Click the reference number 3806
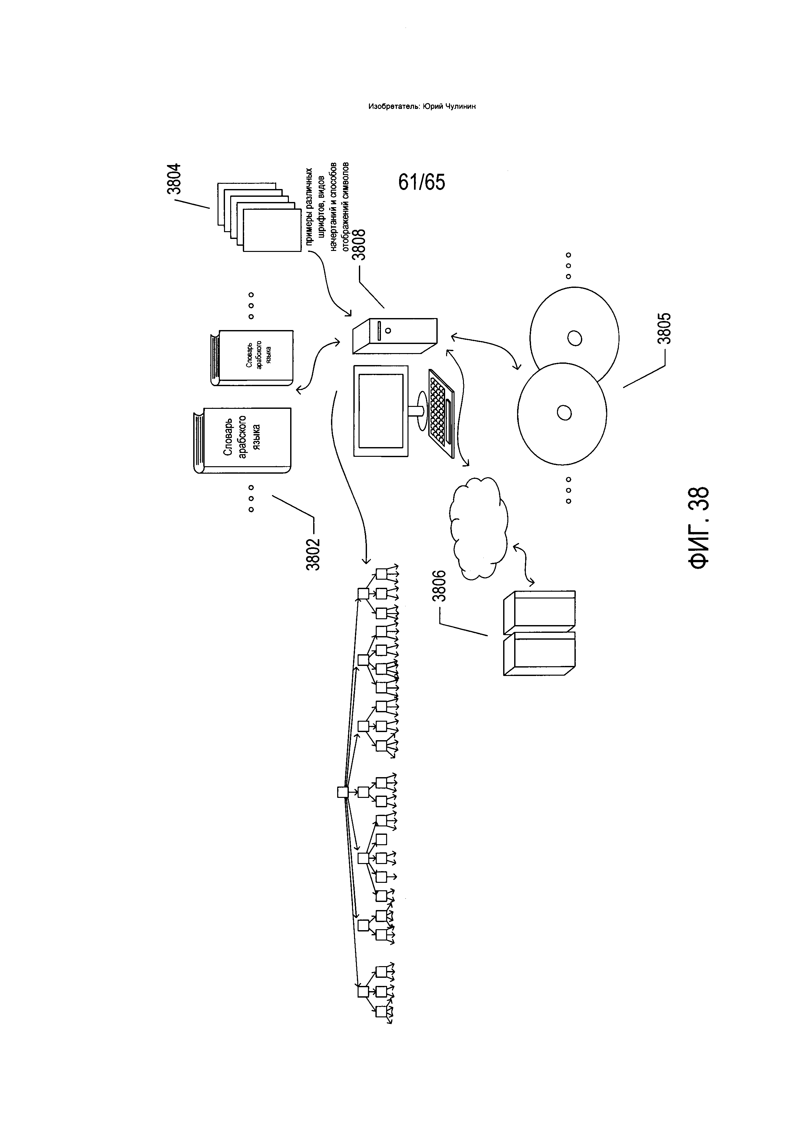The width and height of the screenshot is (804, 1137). pyautogui.click(x=440, y=586)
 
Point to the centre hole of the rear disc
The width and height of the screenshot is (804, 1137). pyautogui.click(x=575, y=339)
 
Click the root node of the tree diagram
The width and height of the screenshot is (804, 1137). pyautogui.click(x=342, y=792)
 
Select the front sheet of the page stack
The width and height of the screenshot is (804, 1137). pyautogui.click(x=273, y=230)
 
